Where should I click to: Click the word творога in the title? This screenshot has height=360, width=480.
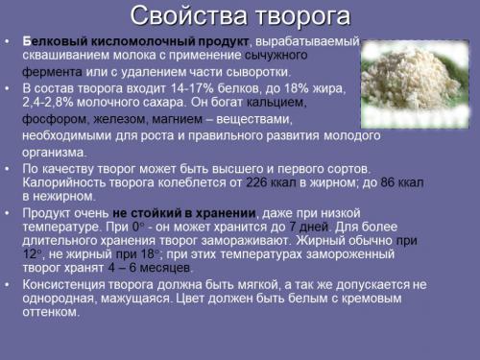pyautogui.click(x=300, y=17)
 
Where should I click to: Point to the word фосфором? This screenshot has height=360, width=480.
pyautogui.click(x=54, y=120)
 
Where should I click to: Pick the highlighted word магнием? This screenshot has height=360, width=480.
pyautogui.click(x=178, y=120)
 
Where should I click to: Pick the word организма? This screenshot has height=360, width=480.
pyautogui.click(x=54, y=151)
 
